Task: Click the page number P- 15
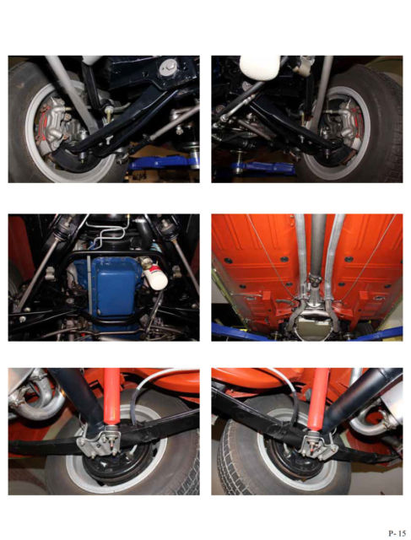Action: pos(397,533)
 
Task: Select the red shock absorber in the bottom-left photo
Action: pos(111,399)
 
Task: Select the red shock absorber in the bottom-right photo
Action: pos(317,399)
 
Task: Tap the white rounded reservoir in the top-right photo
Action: pos(259,67)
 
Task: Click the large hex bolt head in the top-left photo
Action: pos(169,66)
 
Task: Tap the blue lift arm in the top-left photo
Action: pos(162,162)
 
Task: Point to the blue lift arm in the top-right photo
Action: pos(263,168)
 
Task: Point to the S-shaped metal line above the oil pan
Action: pos(107,235)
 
